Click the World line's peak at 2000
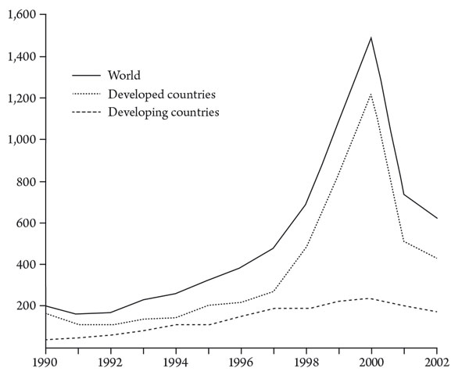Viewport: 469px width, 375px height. [371, 37]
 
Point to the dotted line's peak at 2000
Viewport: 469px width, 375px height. [371, 94]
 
